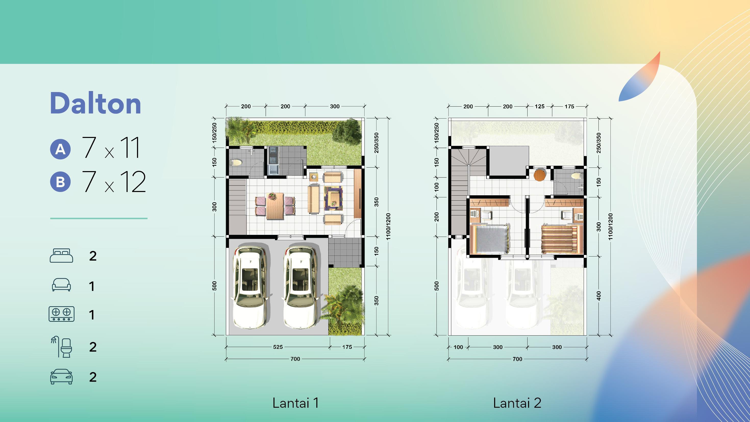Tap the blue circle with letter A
(60, 149)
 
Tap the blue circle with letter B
(60, 182)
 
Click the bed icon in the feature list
(61, 255)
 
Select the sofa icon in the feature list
(61, 285)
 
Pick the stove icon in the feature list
(61, 314)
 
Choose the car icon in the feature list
(61, 377)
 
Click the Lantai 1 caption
(295, 403)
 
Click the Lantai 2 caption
(517, 403)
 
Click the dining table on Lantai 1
(275, 206)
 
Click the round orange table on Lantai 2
(540, 175)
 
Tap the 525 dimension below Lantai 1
(278, 347)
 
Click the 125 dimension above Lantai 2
(540, 107)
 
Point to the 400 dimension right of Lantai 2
(599, 296)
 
